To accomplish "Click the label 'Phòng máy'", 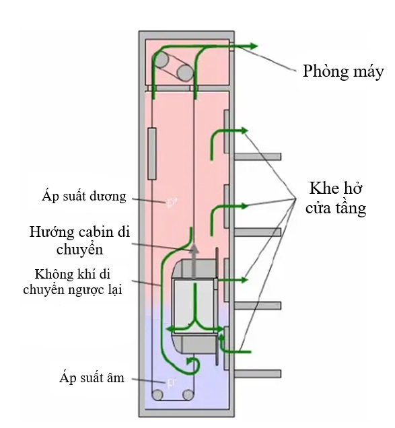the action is pos(343,71).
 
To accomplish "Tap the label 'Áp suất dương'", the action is pos(84,197).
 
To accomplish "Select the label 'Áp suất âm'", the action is pos(92,378).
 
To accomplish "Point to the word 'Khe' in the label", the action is pos(322,188).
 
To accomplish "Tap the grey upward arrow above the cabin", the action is pos(194,261).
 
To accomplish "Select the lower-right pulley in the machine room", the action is pos(185,73).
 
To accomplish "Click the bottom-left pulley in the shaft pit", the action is pos(157,395).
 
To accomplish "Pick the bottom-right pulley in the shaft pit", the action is pos(188,395).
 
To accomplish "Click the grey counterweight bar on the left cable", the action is pos(152,153).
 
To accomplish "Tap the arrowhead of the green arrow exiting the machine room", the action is pos(253,46).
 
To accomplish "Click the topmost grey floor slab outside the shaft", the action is pos(258,157).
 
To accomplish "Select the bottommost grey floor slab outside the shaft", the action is pos(258,373).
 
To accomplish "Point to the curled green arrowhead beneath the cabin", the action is pos(189,361).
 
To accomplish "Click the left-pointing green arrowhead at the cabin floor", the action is pos(170,329).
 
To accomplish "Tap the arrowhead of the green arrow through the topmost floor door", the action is pos(244,131).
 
